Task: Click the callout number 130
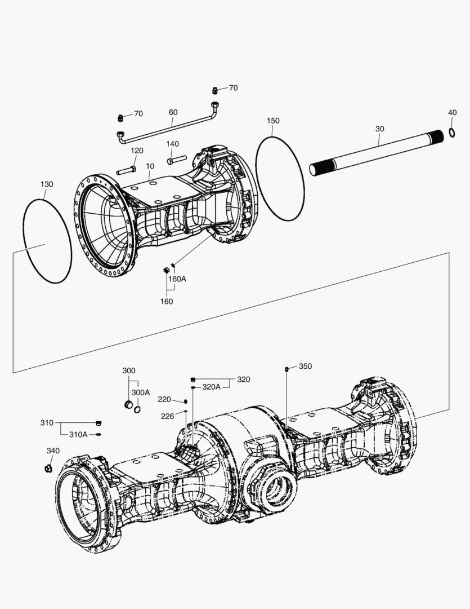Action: tap(47, 184)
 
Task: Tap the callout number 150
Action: tap(273, 121)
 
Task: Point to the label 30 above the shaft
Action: tap(380, 129)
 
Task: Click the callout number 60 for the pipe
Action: tap(173, 112)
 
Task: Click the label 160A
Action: tap(177, 279)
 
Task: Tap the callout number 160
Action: tap(166, 301)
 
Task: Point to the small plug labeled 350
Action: tap(287, 369)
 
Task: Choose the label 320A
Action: tap(212, 387)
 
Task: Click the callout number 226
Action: tap(167, 416)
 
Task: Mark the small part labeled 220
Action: tap(185, 401)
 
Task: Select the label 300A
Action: tap(141, 392)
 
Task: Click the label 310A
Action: tap(78, 434)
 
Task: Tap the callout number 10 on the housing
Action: tap(150, 166)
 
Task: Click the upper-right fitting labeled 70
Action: tap(214, 90)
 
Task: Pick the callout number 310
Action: tap(47, 422)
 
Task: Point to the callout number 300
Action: tap(129, 370)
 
